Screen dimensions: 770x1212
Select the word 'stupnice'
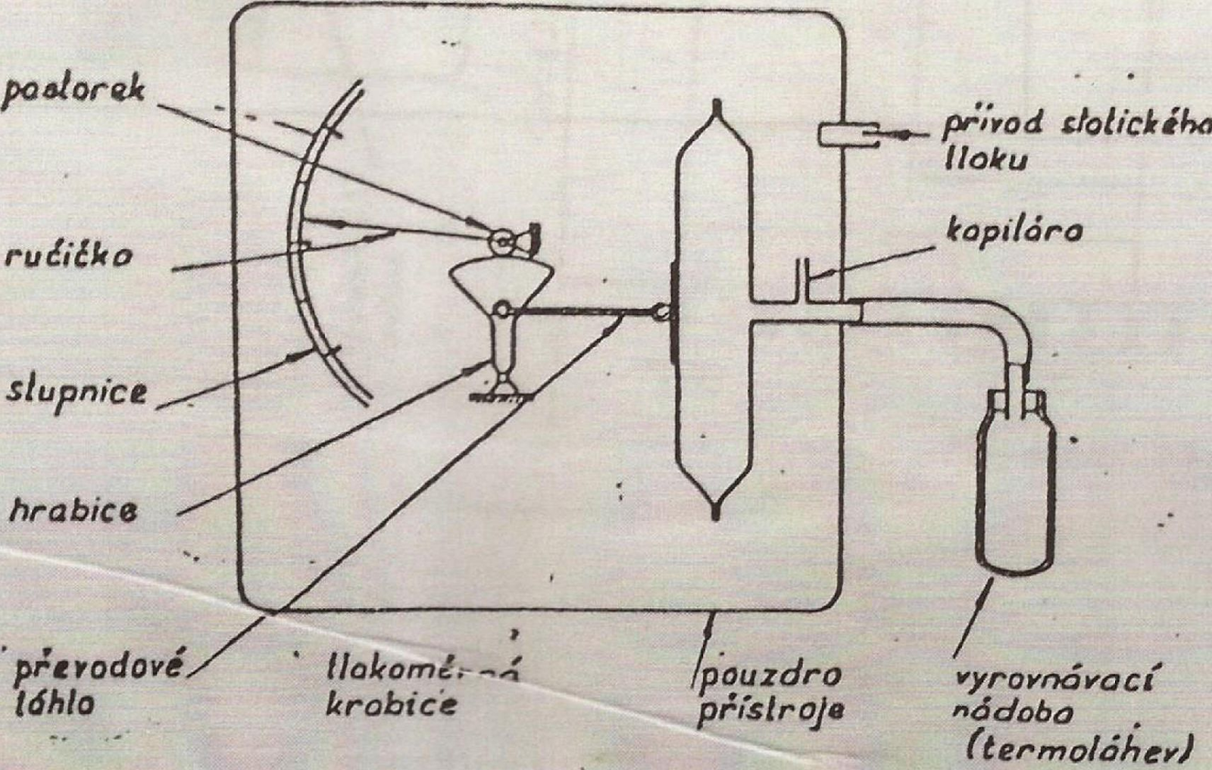tap(77, 391)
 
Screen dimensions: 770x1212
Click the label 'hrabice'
tap(74, 511)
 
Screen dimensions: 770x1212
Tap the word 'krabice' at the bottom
tap(392, 704)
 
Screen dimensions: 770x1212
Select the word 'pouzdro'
tap(769, 674)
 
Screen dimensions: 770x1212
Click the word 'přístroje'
tap(770, 712)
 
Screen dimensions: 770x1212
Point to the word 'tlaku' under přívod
tap(986, 160)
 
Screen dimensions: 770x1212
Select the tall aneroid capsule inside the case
tap(714, 310)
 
